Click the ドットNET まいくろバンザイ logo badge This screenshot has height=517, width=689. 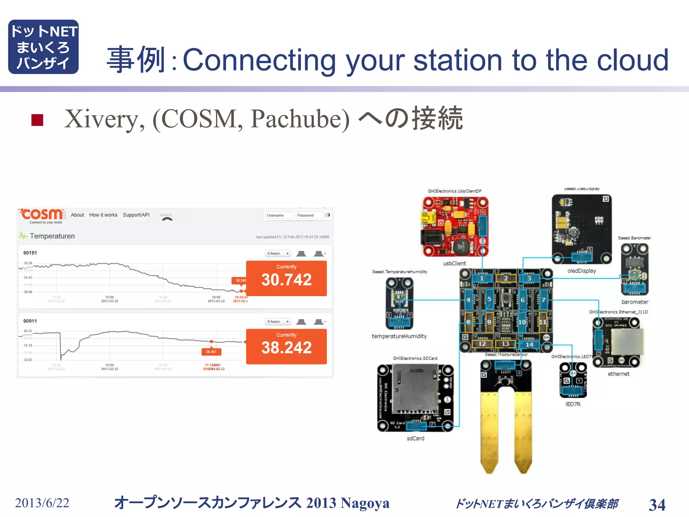pos(43,47)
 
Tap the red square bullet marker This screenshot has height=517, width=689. pos(37,120)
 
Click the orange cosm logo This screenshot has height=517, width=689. pos(42,214)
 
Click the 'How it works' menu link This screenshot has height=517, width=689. pos(103,215)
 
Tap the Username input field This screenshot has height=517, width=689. pos(279,215)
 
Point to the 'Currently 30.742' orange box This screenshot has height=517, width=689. pos(286,278)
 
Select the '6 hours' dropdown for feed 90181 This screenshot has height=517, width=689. pos(278,253)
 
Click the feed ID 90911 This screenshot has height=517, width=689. pos(30,321)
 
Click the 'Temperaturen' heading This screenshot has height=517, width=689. pos(52,236)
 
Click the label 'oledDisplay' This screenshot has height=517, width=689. pos(581,271)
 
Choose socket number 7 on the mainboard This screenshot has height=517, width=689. pos(543,300)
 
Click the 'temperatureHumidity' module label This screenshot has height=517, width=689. pos(399,336)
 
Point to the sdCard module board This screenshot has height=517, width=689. pos(415,398)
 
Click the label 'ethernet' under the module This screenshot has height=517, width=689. pos(618,374)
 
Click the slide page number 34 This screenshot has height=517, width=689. pos(657,505)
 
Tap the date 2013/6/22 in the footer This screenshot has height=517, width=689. pos(42,503)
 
